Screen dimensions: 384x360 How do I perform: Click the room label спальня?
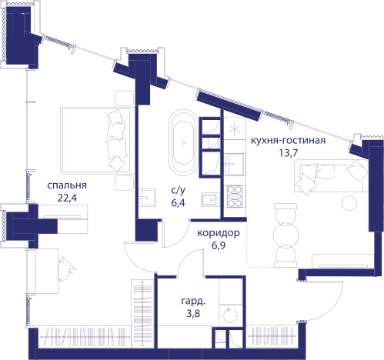[67, 185]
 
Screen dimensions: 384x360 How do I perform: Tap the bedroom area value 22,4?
[67, 198]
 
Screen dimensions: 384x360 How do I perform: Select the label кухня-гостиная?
[288, 141]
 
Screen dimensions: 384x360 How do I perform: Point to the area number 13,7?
[288, 153]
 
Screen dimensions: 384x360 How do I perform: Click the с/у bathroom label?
[178, 190]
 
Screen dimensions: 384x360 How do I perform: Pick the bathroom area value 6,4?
[178, 203]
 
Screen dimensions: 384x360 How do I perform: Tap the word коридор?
[219, 233]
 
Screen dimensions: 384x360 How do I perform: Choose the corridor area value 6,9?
[219, 245]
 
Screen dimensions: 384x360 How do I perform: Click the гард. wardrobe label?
[193, 301]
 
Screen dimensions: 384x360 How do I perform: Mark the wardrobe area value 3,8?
[193, 313]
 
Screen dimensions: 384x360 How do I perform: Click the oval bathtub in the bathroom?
[183, 142]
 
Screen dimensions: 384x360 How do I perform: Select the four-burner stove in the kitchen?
[235, 196]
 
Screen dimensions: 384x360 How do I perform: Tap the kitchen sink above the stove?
[235, 164]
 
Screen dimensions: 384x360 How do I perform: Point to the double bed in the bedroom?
[95, 141]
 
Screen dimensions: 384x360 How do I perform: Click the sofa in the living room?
[331, 176]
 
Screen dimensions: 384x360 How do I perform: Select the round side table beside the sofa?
[349, 203]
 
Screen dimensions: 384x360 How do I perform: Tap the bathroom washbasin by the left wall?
[147, 197]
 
